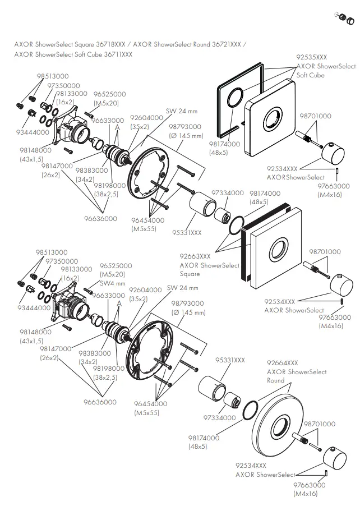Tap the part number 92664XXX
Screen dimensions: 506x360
click(283, 363)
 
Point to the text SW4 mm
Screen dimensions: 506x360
click(112, 283)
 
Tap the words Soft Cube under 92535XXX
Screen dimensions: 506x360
click(310, 75)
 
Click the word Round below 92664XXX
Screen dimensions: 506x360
click(275, 380)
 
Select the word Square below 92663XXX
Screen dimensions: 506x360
click(190, 274)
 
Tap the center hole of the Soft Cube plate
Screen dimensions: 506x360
click(275, 120)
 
